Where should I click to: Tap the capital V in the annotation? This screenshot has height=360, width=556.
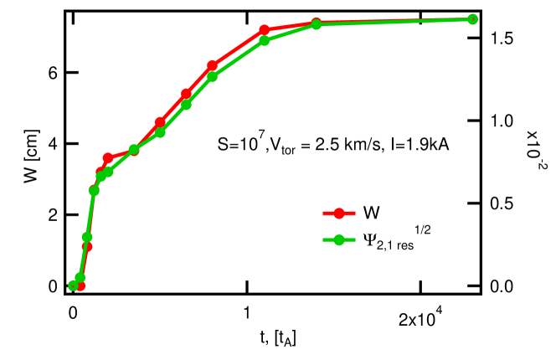(273, 146)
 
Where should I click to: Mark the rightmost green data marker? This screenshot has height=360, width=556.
(472, 18)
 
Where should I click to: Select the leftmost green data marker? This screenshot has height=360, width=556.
(73, 285)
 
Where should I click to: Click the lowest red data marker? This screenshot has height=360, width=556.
(80, 286)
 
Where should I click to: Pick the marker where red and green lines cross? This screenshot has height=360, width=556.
(134, 151)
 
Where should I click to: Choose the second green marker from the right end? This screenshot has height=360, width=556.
(317, 24)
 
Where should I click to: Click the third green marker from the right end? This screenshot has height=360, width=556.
(265, 40)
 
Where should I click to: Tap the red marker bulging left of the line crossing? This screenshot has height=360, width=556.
(108, 157)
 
